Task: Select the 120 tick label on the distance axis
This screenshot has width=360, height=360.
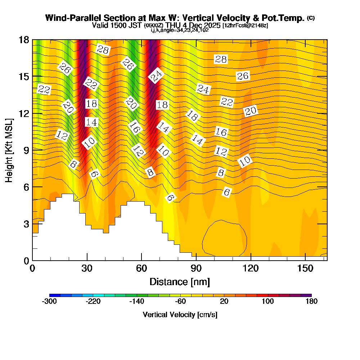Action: pos(251,268)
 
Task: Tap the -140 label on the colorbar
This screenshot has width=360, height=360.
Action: pos(137,302)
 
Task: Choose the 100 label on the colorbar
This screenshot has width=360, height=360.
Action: pos(268,302)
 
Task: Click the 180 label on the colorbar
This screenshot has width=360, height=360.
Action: pos(311,302)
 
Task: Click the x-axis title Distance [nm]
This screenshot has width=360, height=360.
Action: pos(180,282)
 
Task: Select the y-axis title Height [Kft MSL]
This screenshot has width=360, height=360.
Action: pos(9,150)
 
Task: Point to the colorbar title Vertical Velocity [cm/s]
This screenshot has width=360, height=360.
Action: pos(180,315)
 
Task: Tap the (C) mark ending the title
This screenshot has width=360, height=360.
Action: pos(311,18)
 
